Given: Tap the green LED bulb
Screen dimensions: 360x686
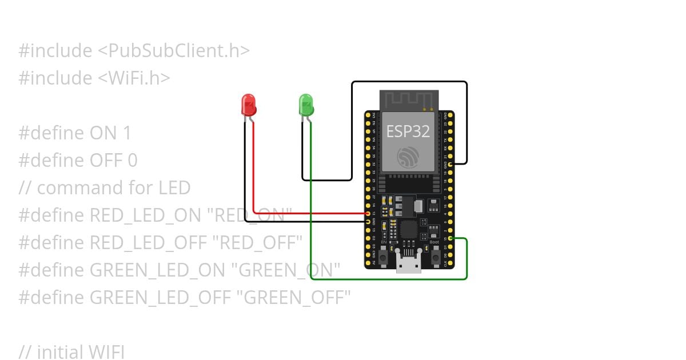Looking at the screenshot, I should [x=306, y=105].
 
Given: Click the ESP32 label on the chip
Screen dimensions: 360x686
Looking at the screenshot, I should [x=408, y=131].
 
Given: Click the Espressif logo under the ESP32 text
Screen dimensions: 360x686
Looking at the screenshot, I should [x=408, y=157].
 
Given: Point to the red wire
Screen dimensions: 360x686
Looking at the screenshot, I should [x=309, y=213].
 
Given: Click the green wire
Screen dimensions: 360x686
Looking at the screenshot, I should [x=389, y=279].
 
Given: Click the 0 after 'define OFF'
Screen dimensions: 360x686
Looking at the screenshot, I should [x=132, y=161].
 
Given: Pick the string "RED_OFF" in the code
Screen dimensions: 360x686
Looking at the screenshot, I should [x=257, y=243].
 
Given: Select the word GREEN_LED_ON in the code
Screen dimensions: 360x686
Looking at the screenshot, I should [x=158, y=270].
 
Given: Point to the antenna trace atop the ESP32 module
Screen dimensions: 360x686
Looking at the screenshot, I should [x=408, y=100].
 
